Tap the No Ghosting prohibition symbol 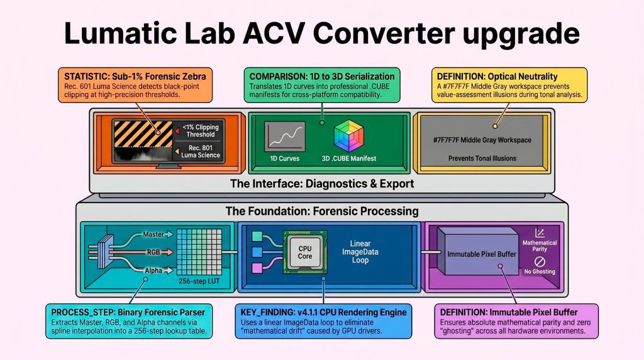pyautogui.click(x=538, y=260)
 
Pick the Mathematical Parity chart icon pyautogui.click(x=538, y=233)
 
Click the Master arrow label pyautogui.click(x=153, y=234)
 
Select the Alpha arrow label pyautogui.click(x=153, y=270)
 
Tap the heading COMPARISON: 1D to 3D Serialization pyautogui.click(x=322, y=77)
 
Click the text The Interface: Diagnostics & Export pyautogui.click(x=321, y=184)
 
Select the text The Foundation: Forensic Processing pyautogui.click(x=321, y=211)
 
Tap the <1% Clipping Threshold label pyautogui.click(x=201, y=130)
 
